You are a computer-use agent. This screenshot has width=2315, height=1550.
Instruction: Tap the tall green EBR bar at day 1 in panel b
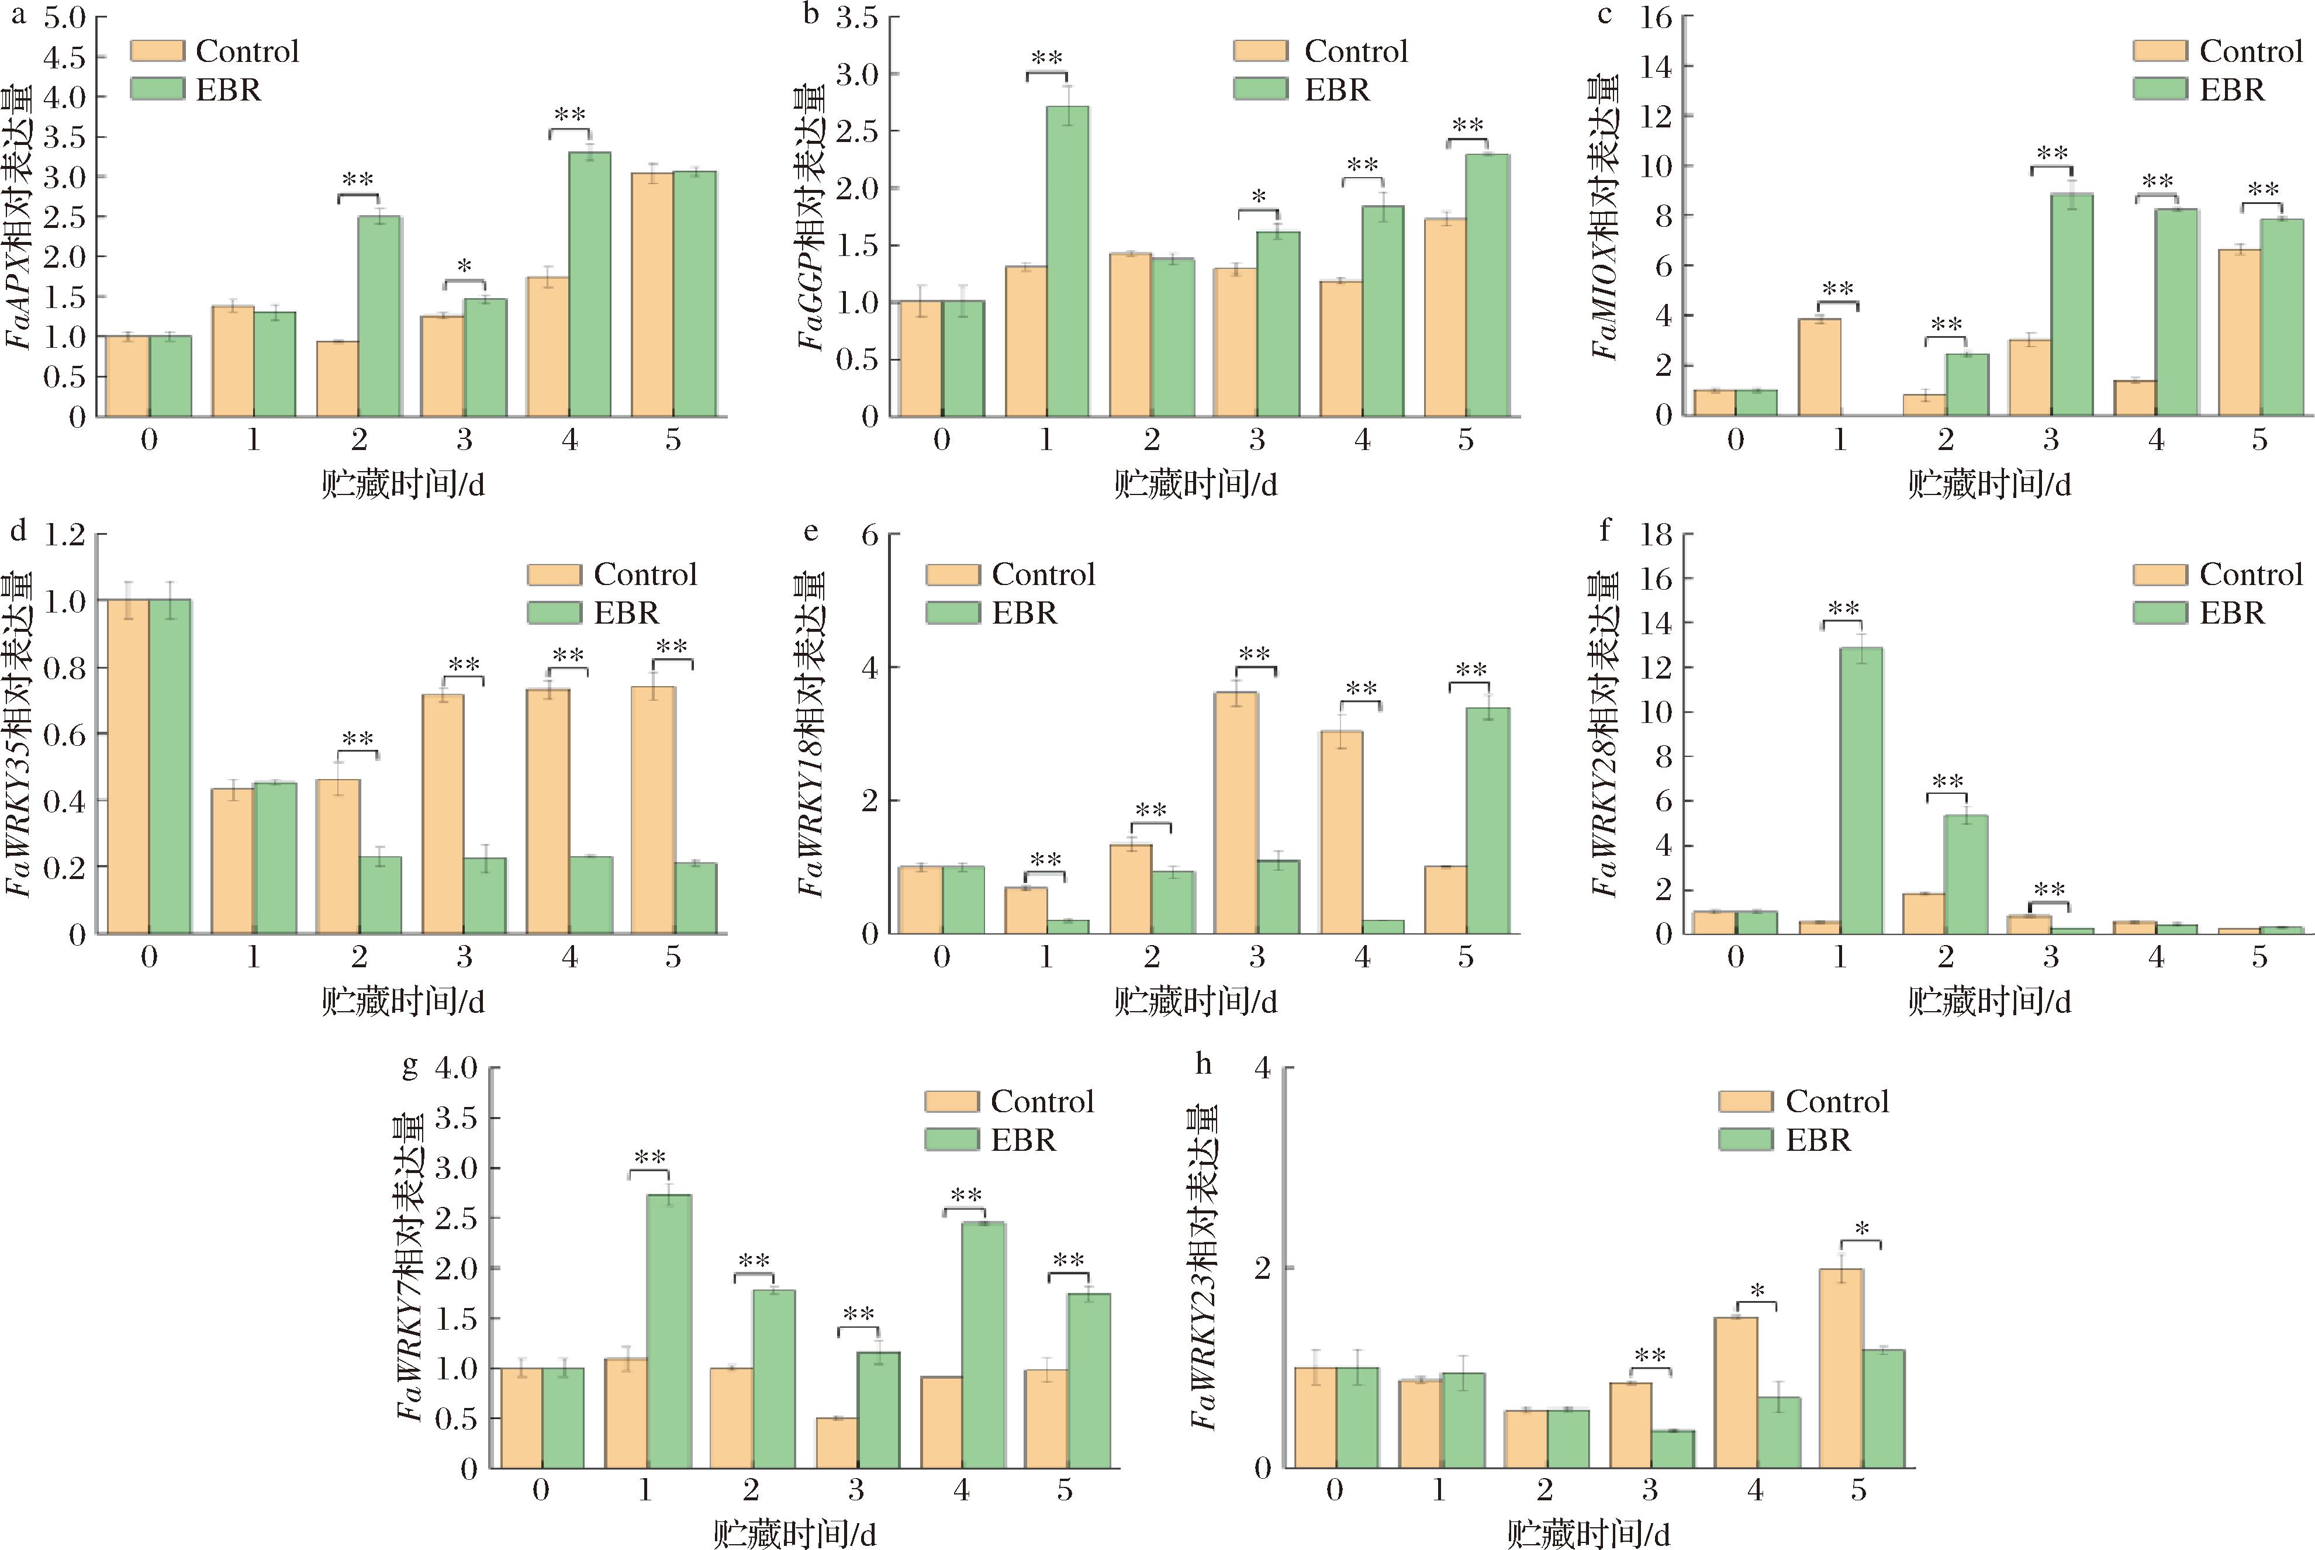(1067, 261)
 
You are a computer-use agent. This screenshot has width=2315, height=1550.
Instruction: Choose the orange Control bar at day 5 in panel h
(1840, 1368)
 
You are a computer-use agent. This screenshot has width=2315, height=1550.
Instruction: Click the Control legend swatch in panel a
(157, 51)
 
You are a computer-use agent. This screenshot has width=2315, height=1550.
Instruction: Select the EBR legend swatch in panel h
(1746, 1140)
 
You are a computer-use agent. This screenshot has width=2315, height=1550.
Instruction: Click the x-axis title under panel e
(1196, 1001)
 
